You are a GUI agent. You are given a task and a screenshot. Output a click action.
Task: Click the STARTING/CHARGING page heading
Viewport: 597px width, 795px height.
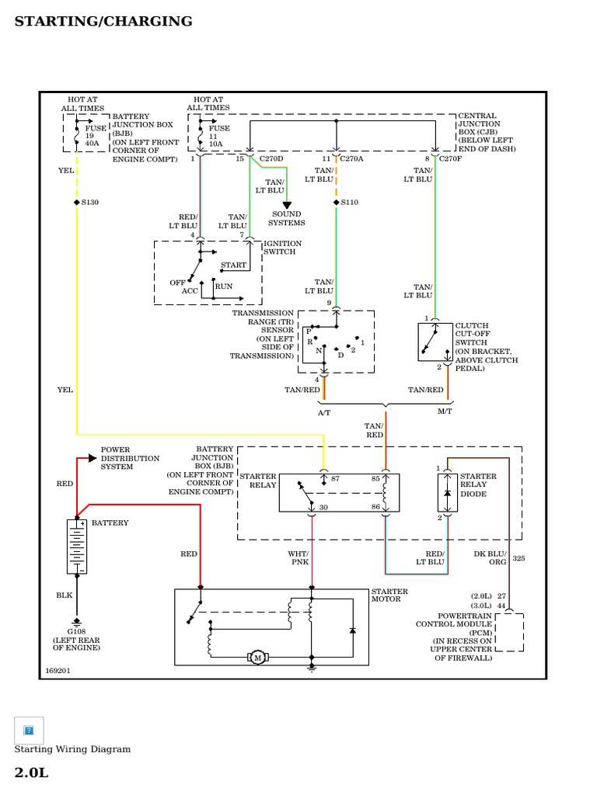[x=103, y=21]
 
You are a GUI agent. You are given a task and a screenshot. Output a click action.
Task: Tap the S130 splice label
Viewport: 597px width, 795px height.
[x=89, y=202]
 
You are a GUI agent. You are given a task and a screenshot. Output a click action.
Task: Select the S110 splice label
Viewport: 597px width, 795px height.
[x=349, y=202]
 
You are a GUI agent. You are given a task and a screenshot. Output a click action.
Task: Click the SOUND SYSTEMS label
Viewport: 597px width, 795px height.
[x=288, y=218]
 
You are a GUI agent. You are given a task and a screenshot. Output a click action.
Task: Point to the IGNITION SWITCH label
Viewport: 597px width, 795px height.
[x=282, y=248]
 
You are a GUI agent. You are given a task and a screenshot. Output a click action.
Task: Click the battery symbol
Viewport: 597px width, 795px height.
[x=76, y=547]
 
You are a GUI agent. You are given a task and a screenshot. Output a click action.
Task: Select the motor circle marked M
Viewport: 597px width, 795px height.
[x=257, y=658]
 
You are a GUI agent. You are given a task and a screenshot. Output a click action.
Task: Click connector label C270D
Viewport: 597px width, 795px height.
[x=271, y=158]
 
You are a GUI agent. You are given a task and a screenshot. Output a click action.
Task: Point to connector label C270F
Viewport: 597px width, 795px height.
[x=451, y=158]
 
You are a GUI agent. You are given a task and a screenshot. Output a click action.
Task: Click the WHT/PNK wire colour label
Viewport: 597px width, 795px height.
[x=299, y=557]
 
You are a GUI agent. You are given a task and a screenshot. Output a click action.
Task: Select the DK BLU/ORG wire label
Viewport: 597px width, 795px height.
[x=490, y=557]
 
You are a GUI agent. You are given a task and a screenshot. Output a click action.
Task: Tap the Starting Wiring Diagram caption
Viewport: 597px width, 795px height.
[x=72, y=749]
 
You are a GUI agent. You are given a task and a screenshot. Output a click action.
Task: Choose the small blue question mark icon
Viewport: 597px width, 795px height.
[x=29, y=730]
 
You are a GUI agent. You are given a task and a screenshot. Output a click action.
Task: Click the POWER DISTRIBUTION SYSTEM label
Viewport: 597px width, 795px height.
[x=130, y=458]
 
